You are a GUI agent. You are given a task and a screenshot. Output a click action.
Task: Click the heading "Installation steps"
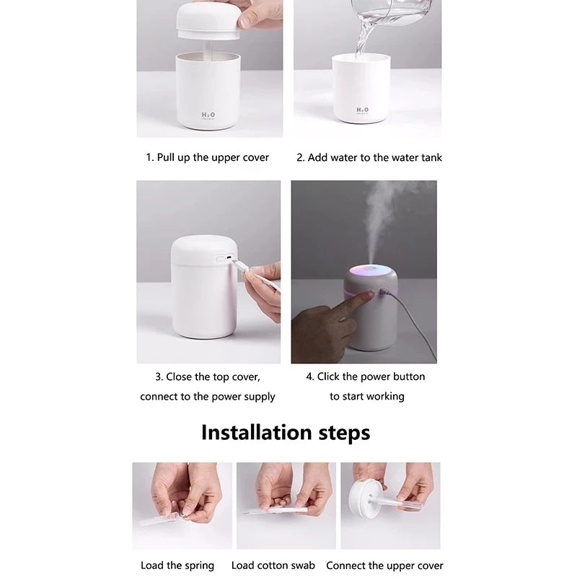(286, 433)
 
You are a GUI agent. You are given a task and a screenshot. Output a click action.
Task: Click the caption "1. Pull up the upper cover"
(207, 157)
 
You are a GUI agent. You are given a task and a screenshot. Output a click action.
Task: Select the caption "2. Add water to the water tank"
(369, 157)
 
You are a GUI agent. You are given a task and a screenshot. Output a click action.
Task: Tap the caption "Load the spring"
(177, 565)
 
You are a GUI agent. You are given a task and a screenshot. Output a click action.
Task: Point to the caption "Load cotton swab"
(273, 565)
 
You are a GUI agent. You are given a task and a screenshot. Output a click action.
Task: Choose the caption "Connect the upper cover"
(384, 565)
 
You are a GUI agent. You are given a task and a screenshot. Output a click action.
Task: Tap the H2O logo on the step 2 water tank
(362, 110)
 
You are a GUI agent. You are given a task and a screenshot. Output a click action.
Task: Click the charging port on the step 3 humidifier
(225, 258)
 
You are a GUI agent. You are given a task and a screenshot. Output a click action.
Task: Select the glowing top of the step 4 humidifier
(372, 274)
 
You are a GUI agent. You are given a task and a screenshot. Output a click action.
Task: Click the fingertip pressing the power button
(368, 295)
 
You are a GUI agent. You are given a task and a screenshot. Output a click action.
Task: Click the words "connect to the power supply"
(208, 397)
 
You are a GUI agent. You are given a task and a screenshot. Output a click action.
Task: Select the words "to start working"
(366, 397)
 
